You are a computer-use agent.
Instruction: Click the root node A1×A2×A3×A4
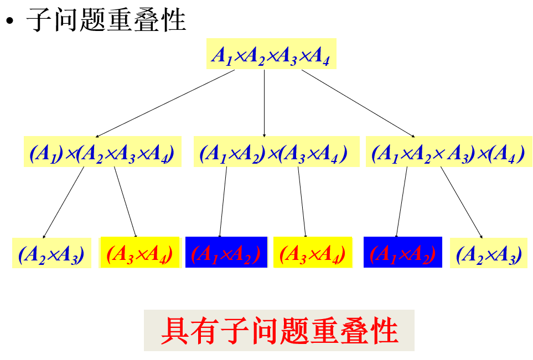271,54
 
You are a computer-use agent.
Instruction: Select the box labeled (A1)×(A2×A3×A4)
103,152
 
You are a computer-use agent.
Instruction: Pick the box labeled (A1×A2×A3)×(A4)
448,152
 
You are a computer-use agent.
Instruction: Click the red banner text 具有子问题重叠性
279,331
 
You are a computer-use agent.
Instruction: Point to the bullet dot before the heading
9,22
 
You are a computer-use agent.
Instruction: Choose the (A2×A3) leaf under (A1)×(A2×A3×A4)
51,253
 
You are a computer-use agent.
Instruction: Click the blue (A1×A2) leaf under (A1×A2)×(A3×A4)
226,253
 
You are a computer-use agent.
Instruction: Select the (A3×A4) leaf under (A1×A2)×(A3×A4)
313,253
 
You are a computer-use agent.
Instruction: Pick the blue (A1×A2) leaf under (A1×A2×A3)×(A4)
403,253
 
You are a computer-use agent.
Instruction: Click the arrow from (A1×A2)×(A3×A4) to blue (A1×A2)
223,202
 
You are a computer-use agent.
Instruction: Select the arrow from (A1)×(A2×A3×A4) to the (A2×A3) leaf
64,202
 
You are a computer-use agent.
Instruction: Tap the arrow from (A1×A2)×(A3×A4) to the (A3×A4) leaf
302,202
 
